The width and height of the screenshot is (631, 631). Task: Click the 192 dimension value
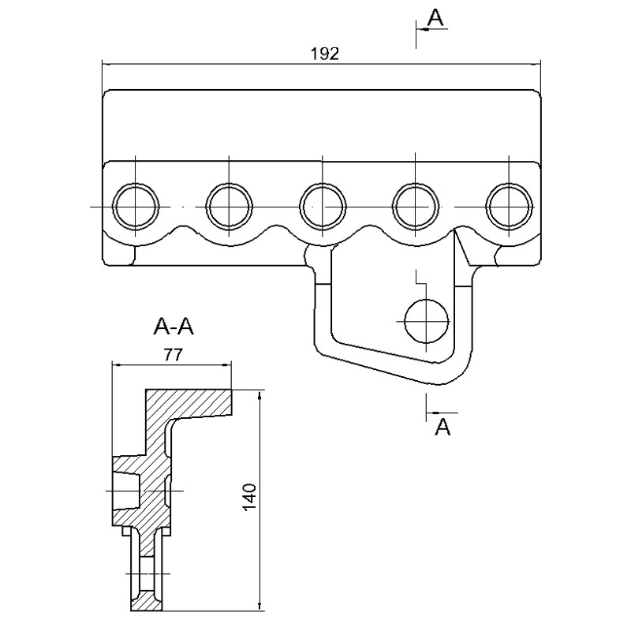tap(325, 54)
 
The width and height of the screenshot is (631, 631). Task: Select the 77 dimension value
tap(173, 354)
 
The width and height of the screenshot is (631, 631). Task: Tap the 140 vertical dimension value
tap(249, 497)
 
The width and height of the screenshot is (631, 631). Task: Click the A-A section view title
tap(174, 327)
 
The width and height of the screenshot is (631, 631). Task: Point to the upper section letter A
tap(436, 17)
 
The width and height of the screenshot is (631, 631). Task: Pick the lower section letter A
tap(442, 427)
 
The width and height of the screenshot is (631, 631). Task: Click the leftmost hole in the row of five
tap(135, 207)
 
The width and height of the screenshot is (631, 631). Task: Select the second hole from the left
tap(229, 207)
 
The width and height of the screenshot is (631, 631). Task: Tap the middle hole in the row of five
tap(323, 207)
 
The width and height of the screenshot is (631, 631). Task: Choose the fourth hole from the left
tap(416, 207)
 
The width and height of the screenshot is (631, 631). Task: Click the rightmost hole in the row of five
tap(510, 207)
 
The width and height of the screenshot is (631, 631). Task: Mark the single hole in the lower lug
tap(426, 321)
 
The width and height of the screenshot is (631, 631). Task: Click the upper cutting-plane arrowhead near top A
tap(422, 29)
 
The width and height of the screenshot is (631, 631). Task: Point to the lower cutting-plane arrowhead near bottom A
tap(432, 413)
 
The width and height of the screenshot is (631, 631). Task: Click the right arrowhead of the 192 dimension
tap(536, 64)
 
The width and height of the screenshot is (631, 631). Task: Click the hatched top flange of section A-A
tap(189, 402)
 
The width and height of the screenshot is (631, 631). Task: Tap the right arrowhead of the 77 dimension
tap(226, 365)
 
